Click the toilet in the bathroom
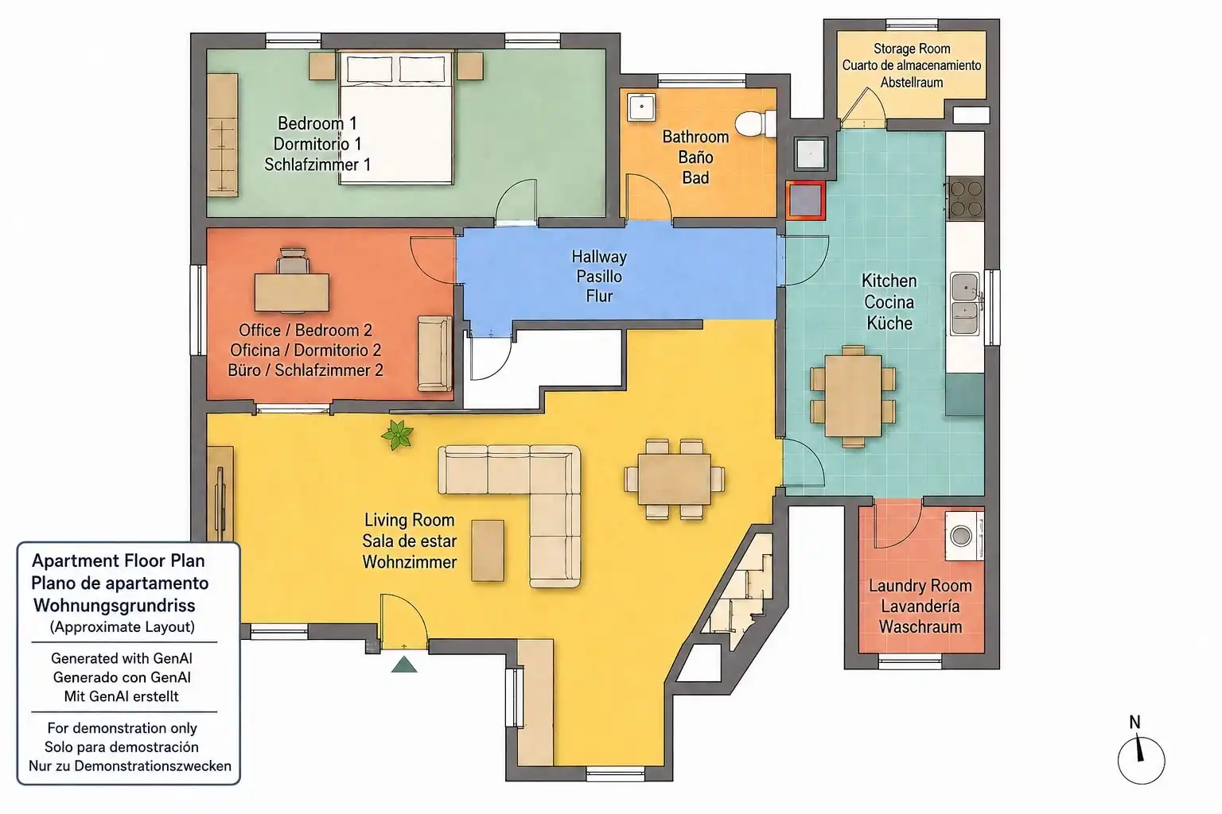coord(756,124)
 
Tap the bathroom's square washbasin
coord(641,107)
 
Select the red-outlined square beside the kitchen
coord(805,200)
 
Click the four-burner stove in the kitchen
coord(966,199)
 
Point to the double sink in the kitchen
coord(966,303)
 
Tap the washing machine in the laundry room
coord(964,536)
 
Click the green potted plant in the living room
coord(397,435)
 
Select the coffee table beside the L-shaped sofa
coord(488,551)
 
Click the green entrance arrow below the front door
coord(404,664)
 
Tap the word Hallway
coord(599,256)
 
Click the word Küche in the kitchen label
coord(889,323)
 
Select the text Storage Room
coord(912,48)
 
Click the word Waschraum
coord(920,626)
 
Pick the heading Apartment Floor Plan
coord(119,560)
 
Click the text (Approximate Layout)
coord(123,626)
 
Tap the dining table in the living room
coord(675,479)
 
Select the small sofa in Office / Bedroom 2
coord(435,353)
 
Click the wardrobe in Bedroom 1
coord(223,134)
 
